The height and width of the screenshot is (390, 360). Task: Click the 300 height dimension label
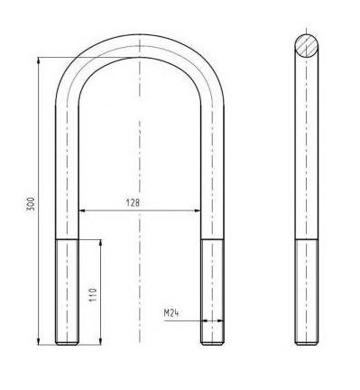[x=32, y=204]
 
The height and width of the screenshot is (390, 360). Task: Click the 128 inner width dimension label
[x=133, y=203]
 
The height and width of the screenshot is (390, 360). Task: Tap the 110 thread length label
[x=93, y=295]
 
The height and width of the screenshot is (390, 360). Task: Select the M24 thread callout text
[x=171, y=313]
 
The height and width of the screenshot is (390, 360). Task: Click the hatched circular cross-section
[x=306, y=45]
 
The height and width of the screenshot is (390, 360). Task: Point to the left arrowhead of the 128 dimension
[x=82, y=210]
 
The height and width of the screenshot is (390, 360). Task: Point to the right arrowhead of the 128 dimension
[x=198, y=210]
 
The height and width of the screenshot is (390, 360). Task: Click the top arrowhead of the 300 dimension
[x=38, y=60]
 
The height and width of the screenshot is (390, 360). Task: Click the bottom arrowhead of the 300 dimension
[x=38, y=341]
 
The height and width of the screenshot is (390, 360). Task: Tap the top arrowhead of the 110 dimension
[x=100, y=243]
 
